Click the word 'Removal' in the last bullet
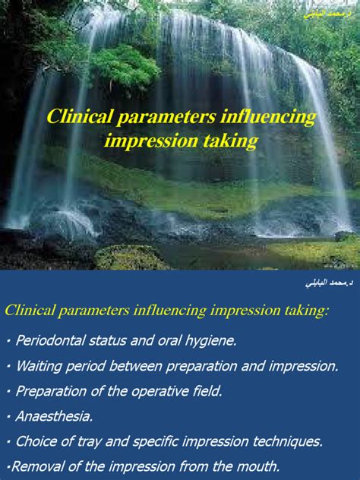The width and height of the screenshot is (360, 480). click(x=36, y=466)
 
